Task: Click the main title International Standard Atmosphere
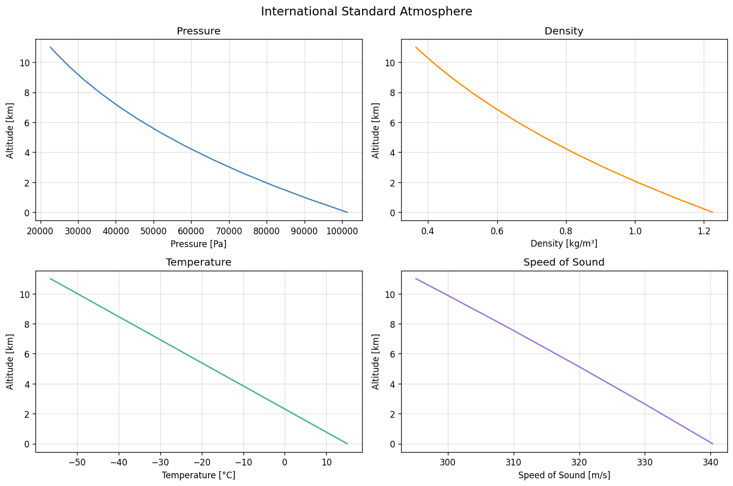366,11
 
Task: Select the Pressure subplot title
198,31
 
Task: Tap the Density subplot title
563,31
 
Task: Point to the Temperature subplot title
198,263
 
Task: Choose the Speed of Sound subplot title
563,263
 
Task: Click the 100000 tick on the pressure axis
343,231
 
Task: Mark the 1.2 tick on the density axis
704,231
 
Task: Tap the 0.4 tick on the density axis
428,231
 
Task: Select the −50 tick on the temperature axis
77,462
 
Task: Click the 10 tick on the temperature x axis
326,462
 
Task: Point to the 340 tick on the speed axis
710,462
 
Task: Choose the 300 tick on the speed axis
448,462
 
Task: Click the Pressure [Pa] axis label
198,244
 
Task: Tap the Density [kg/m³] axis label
563,244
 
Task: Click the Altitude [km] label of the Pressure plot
10,130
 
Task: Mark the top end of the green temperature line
50,279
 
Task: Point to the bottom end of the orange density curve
712,212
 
